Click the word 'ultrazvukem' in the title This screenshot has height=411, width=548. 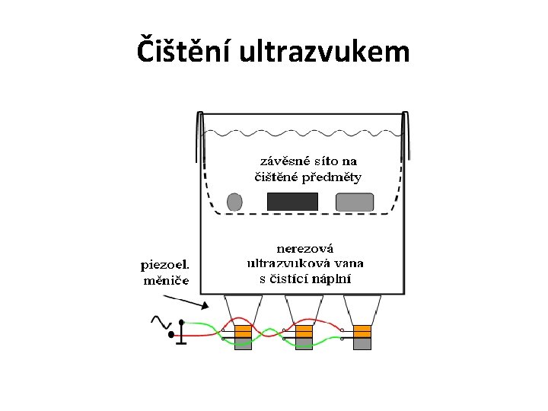324,52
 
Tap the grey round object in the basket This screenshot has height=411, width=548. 234,202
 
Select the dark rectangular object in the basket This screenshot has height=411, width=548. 292,202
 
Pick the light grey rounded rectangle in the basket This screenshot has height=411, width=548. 355,202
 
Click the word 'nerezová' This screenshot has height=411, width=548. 305,248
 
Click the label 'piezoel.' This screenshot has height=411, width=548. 166,265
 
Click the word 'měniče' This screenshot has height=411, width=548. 167,280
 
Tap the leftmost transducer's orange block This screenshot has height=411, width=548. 243,330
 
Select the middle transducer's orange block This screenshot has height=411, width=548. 304,330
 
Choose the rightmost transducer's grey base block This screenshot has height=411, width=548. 362,344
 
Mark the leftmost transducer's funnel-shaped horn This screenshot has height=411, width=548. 243,309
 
